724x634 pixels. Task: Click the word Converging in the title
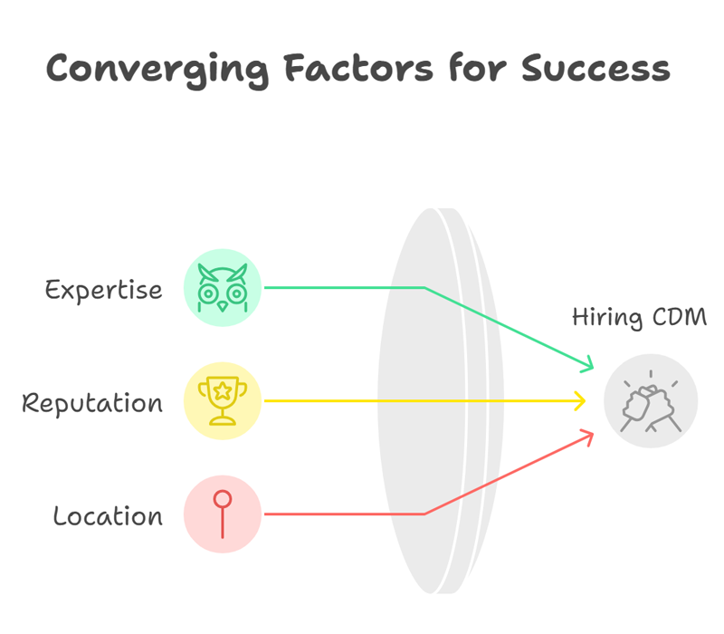pos(157,71)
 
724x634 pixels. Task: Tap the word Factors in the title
pos(358,68)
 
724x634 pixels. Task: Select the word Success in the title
pos(595,69)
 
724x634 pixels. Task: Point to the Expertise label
pos(103,291)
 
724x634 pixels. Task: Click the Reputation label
pos(92,403)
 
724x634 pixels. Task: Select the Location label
pos(108,515)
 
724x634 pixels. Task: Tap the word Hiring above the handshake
pos(607,318)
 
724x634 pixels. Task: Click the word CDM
pos(680,317)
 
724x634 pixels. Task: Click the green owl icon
pos(223,288)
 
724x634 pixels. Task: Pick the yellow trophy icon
pos(223,400)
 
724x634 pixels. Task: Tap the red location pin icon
pos(223,514)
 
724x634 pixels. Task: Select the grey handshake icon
pos(651,401)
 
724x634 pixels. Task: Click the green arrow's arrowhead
pos(589,365)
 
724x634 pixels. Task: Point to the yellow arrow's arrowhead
pos(580,400)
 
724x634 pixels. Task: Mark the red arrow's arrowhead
pos(589,437)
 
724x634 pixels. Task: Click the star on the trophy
pos(223,391)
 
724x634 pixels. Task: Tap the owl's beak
pos(223,307)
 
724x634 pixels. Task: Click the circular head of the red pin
pos(223,499)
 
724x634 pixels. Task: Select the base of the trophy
pos(223,420)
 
